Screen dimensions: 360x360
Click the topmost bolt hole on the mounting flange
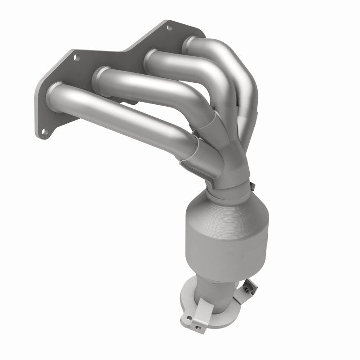click(x=169, y=28)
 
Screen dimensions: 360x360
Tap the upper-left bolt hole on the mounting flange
click(x=75, y=58)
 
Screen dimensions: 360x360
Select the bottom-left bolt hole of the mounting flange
click(x=43, y=131)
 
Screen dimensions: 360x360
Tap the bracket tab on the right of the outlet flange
click(x=246, y=288)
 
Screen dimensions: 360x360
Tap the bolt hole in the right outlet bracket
click(x=247, y=286)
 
